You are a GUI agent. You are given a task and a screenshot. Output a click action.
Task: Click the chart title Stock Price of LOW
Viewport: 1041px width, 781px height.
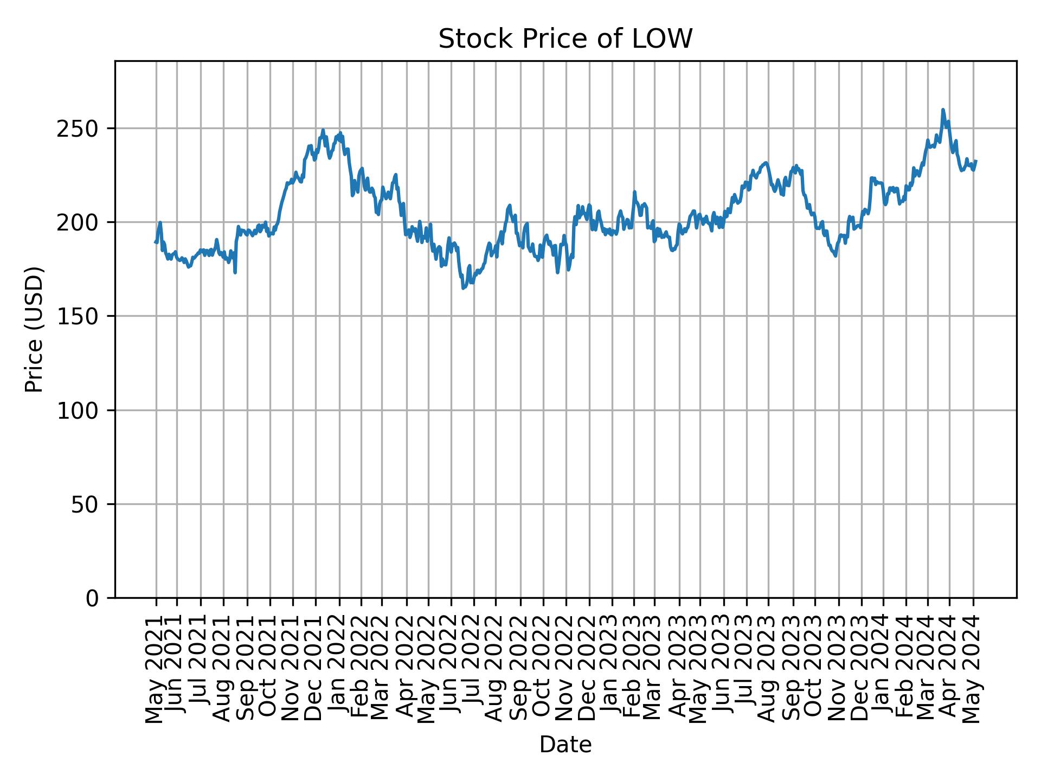(x=565, y=39)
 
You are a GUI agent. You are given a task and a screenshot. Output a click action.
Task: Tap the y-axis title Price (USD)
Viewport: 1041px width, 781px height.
(x=34, y=329)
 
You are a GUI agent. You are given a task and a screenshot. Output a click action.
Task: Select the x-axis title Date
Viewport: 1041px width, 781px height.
(x=565, y=745)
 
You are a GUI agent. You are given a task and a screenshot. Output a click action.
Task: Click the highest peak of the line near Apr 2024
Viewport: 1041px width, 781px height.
(x=943, y=110)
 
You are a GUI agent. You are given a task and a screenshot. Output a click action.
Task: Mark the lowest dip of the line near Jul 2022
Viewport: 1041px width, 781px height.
(x=463, y=288)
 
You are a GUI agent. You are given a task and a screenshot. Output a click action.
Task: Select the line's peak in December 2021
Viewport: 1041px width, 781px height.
(x=323, y=130)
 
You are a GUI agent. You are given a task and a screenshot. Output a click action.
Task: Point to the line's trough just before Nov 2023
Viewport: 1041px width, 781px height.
(x=836, y=256)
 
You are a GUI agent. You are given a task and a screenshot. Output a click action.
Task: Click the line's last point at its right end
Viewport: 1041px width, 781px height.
(x=976, y=161)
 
